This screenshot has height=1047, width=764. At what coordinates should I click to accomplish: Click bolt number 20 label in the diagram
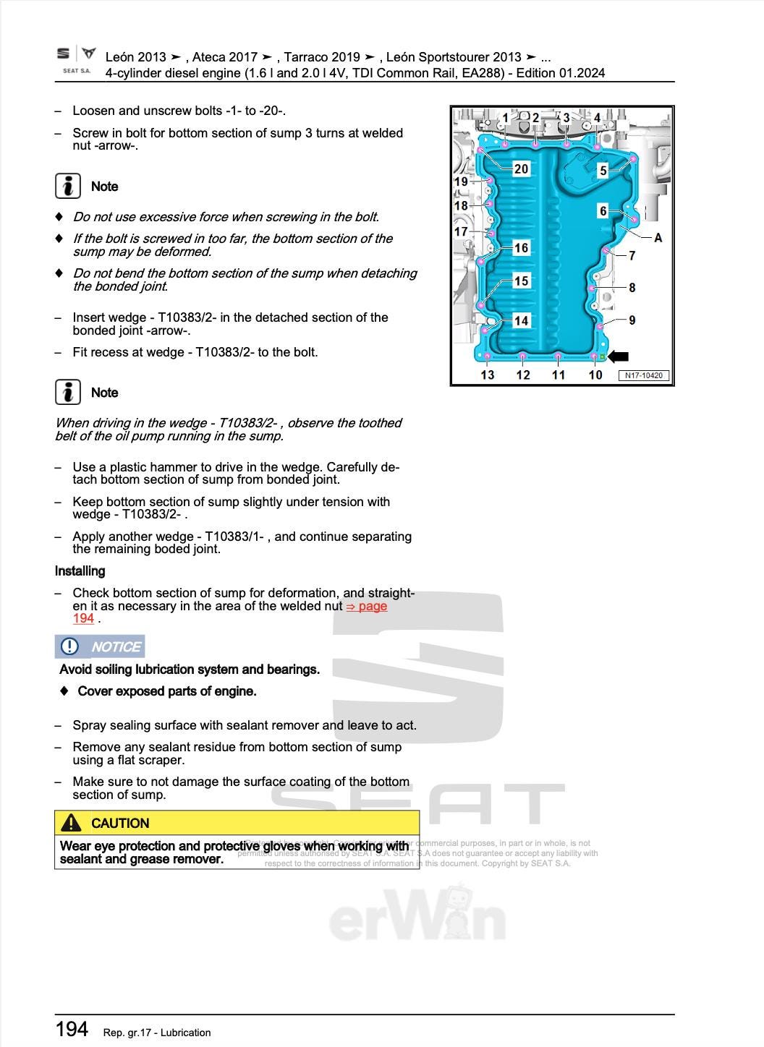pyautogui.click(x=521, y=169)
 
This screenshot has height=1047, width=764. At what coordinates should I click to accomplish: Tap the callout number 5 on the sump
pyautogui.click(x=603, y=171)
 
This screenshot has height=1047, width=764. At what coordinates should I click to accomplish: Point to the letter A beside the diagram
pyautogui.click(x=658, y=238)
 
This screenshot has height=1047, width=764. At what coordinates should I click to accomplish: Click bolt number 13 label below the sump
pyautogui.click(x=488, y=375)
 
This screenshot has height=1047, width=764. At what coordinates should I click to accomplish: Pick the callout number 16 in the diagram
pyautogui.click(x=521, y=248)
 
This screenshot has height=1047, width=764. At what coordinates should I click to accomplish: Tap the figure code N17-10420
pyautogui.click(x=644, y=375)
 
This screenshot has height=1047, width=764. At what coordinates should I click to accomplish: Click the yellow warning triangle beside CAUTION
pyautogui.click(x=71, y=823)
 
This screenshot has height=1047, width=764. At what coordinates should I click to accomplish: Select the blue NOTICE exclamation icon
pyautogui.click(x=69, y=646)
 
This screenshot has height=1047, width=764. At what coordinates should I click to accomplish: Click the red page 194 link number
pyautogui.click(x=83, y=619)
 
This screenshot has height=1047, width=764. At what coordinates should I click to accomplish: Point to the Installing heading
pyautogui.click(x=80, y=571)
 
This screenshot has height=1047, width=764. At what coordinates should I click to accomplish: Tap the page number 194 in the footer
pyautogui.click(x=72, y=1029)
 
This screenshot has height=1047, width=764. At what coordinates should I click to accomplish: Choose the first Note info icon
pyautogui.click(x=68, y=186)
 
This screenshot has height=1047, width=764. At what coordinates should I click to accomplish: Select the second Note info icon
pyautogui.click(x=68, y=392)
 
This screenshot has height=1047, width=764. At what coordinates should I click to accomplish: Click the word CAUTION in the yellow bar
pyautogui.click(x=120, y=824)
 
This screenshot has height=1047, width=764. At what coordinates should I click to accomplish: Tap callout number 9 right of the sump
pyautogui.click(x=632, y=320)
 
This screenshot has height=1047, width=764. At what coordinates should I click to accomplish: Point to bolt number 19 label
pyautogui.click(x=461, y=181)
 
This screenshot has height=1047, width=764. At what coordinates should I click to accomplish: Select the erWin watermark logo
pyautogui.click(x=417, y=918)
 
